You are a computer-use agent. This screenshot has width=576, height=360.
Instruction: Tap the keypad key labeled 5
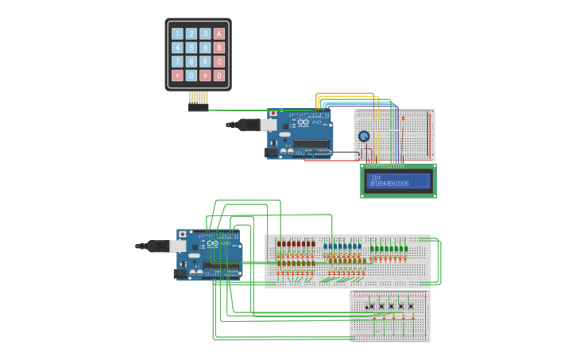191,48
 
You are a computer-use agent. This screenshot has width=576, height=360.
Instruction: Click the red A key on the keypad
219,33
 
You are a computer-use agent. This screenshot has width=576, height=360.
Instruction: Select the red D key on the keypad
219,75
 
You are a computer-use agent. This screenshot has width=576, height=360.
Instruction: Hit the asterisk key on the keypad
177,75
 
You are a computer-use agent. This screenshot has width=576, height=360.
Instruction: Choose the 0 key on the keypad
191,75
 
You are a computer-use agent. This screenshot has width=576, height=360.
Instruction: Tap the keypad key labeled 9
205,61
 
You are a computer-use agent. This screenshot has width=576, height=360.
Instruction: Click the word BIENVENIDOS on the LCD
390,184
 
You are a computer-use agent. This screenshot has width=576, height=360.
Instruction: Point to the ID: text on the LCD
376,177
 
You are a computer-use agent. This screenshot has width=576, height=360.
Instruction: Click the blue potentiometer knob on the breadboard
364,136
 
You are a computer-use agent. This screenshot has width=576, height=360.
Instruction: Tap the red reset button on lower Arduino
183,235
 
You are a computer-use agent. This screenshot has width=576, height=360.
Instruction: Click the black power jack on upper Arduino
272,152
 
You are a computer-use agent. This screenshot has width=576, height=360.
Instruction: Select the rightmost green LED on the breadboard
406,249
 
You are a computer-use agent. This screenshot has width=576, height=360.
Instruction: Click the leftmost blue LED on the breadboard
326,246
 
